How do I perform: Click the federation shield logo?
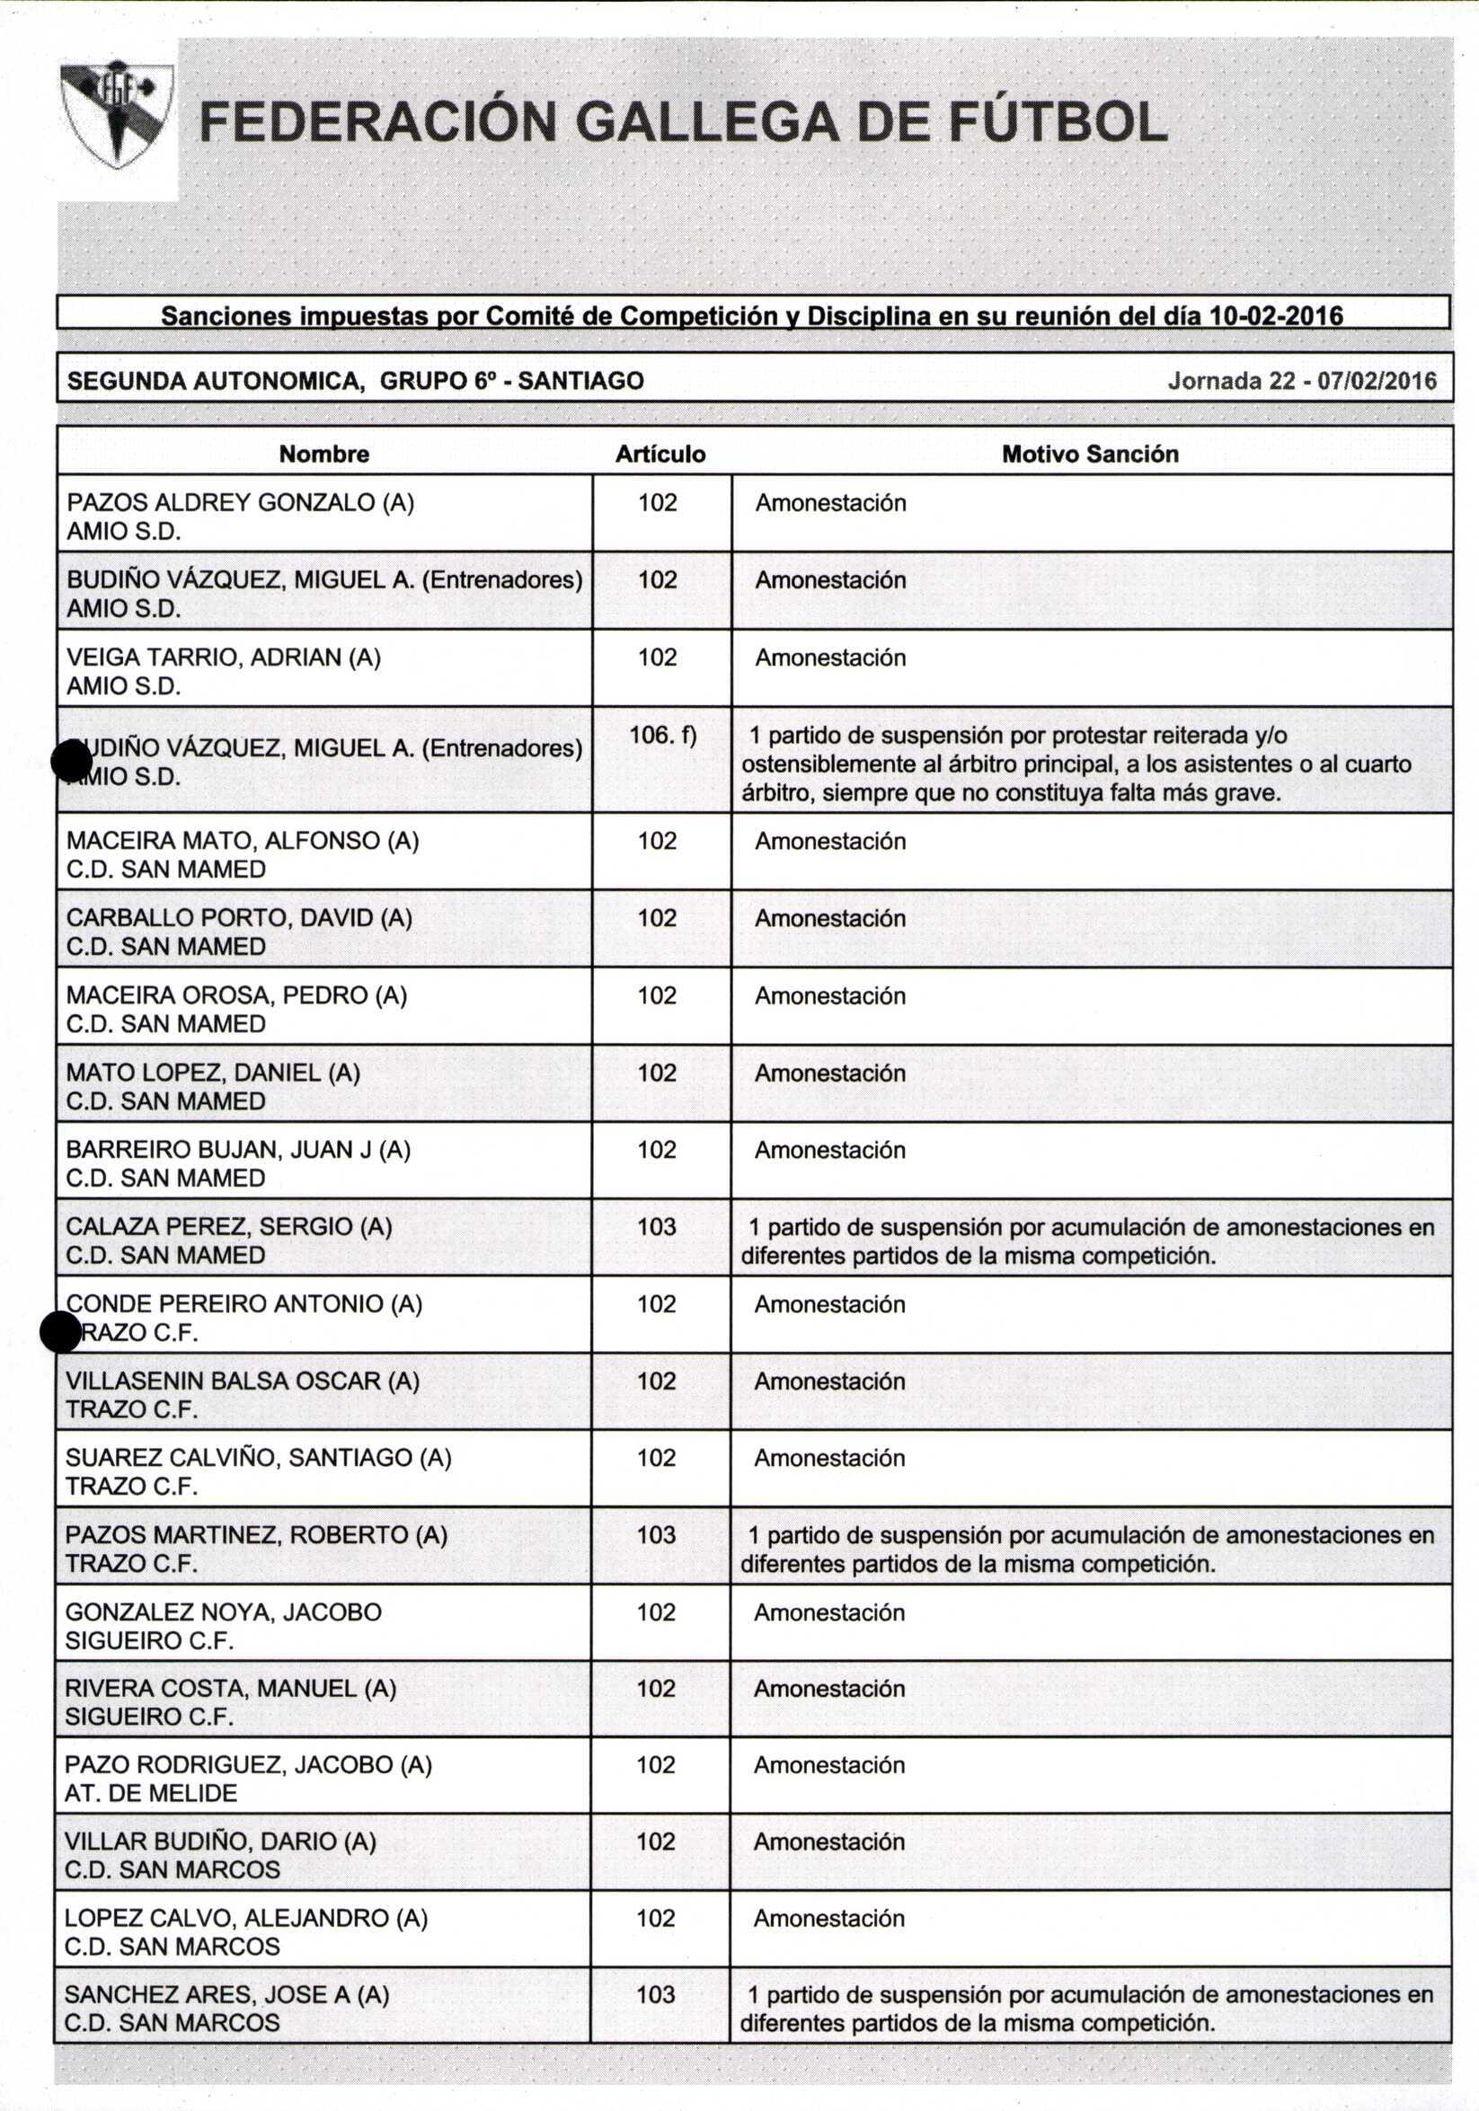pos(117,115)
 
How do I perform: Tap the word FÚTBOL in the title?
pos(1057,122)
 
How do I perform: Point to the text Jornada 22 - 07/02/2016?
pos(1301,381)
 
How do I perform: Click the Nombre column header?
pos(323,455)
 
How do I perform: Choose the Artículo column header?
pos(660,455)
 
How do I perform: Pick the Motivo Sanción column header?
pos(1090,455)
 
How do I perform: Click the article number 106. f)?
pos(662,736)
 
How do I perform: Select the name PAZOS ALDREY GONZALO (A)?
pos(240,503)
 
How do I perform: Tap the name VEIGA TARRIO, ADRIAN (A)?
pos(224,658)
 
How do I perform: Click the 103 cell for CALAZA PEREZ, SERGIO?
pos(657,1226)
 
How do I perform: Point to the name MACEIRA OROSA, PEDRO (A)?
pos(236,994)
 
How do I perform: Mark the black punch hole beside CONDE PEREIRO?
pos(62,1332)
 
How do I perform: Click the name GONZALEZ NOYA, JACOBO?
pos(223,1612)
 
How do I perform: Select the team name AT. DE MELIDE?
pos(151,1792)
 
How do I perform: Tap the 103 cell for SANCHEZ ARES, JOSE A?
pos(656,1994)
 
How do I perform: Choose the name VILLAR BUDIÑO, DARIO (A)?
pos(221,1841)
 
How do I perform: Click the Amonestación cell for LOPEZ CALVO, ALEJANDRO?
pos(828,1918)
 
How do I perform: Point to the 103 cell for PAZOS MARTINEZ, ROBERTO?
pos(657,1534)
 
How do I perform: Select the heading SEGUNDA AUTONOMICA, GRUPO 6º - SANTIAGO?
pos(356,381)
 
